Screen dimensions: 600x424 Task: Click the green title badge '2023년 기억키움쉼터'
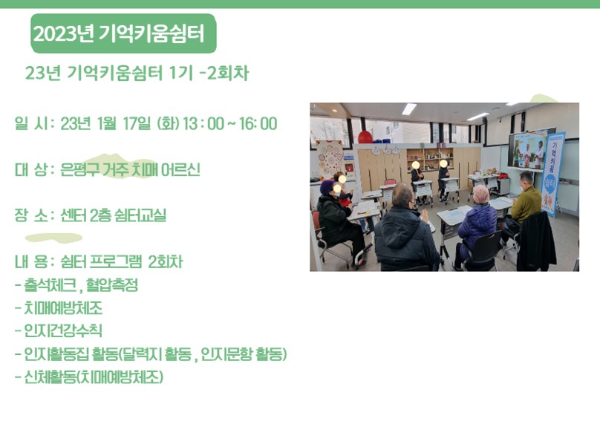coord(123,33)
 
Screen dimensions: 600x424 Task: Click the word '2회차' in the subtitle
coord(228,73)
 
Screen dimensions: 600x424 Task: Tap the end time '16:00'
coord(258,123)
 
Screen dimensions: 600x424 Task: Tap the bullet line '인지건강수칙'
coord(59,330)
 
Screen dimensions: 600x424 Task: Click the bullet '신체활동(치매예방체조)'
coord(89,377)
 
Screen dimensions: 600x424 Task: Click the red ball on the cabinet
coord(365,136)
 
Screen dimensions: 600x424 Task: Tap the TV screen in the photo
coord(526,150)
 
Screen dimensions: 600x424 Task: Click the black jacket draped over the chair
coord(535,241)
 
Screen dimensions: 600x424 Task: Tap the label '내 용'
coord(31,261)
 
